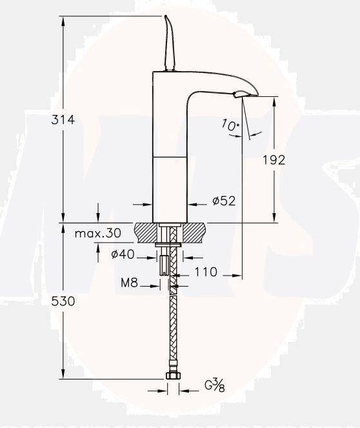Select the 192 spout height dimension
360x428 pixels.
[x=274, y=160]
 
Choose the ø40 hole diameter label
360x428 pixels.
[x=123, y=254]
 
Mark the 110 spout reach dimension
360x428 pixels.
[x=205, y=272]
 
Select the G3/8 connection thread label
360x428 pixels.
[x=214, y=387]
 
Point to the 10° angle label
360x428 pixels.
[x=230, y=125]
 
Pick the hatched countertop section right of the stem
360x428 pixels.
[x=193, y=231]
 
